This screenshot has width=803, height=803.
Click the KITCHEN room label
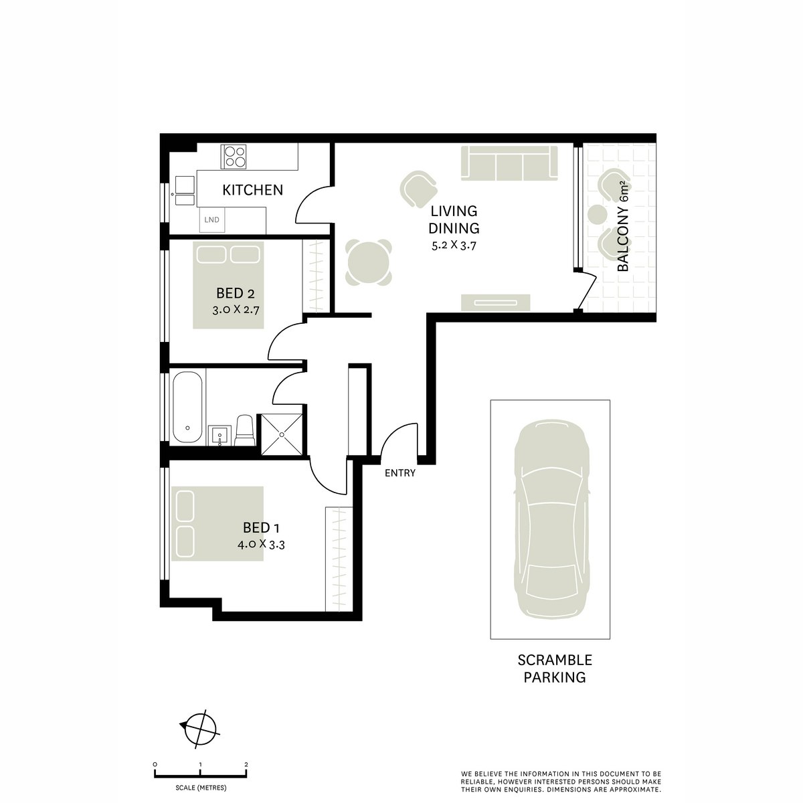click(x=252, y=190)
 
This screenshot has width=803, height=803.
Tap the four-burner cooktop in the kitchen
click(x=234, y=156)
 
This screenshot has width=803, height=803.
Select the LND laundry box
click(x=212, y=219)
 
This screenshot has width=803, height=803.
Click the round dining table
click(x=367, y=263)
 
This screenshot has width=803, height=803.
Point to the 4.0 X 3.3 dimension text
click(x=262, y=544)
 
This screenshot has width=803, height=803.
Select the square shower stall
click(x=282, y=434)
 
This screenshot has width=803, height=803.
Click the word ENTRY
click(x=400, y=473)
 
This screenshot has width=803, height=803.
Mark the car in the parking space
click(x=550, y=519)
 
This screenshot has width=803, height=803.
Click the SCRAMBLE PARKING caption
click(x=555, y=668)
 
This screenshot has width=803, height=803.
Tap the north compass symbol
click(x=199, y=725)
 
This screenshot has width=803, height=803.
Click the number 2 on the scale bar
click(x=246, y=764)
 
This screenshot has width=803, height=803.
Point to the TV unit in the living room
click(x=496, y=302)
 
